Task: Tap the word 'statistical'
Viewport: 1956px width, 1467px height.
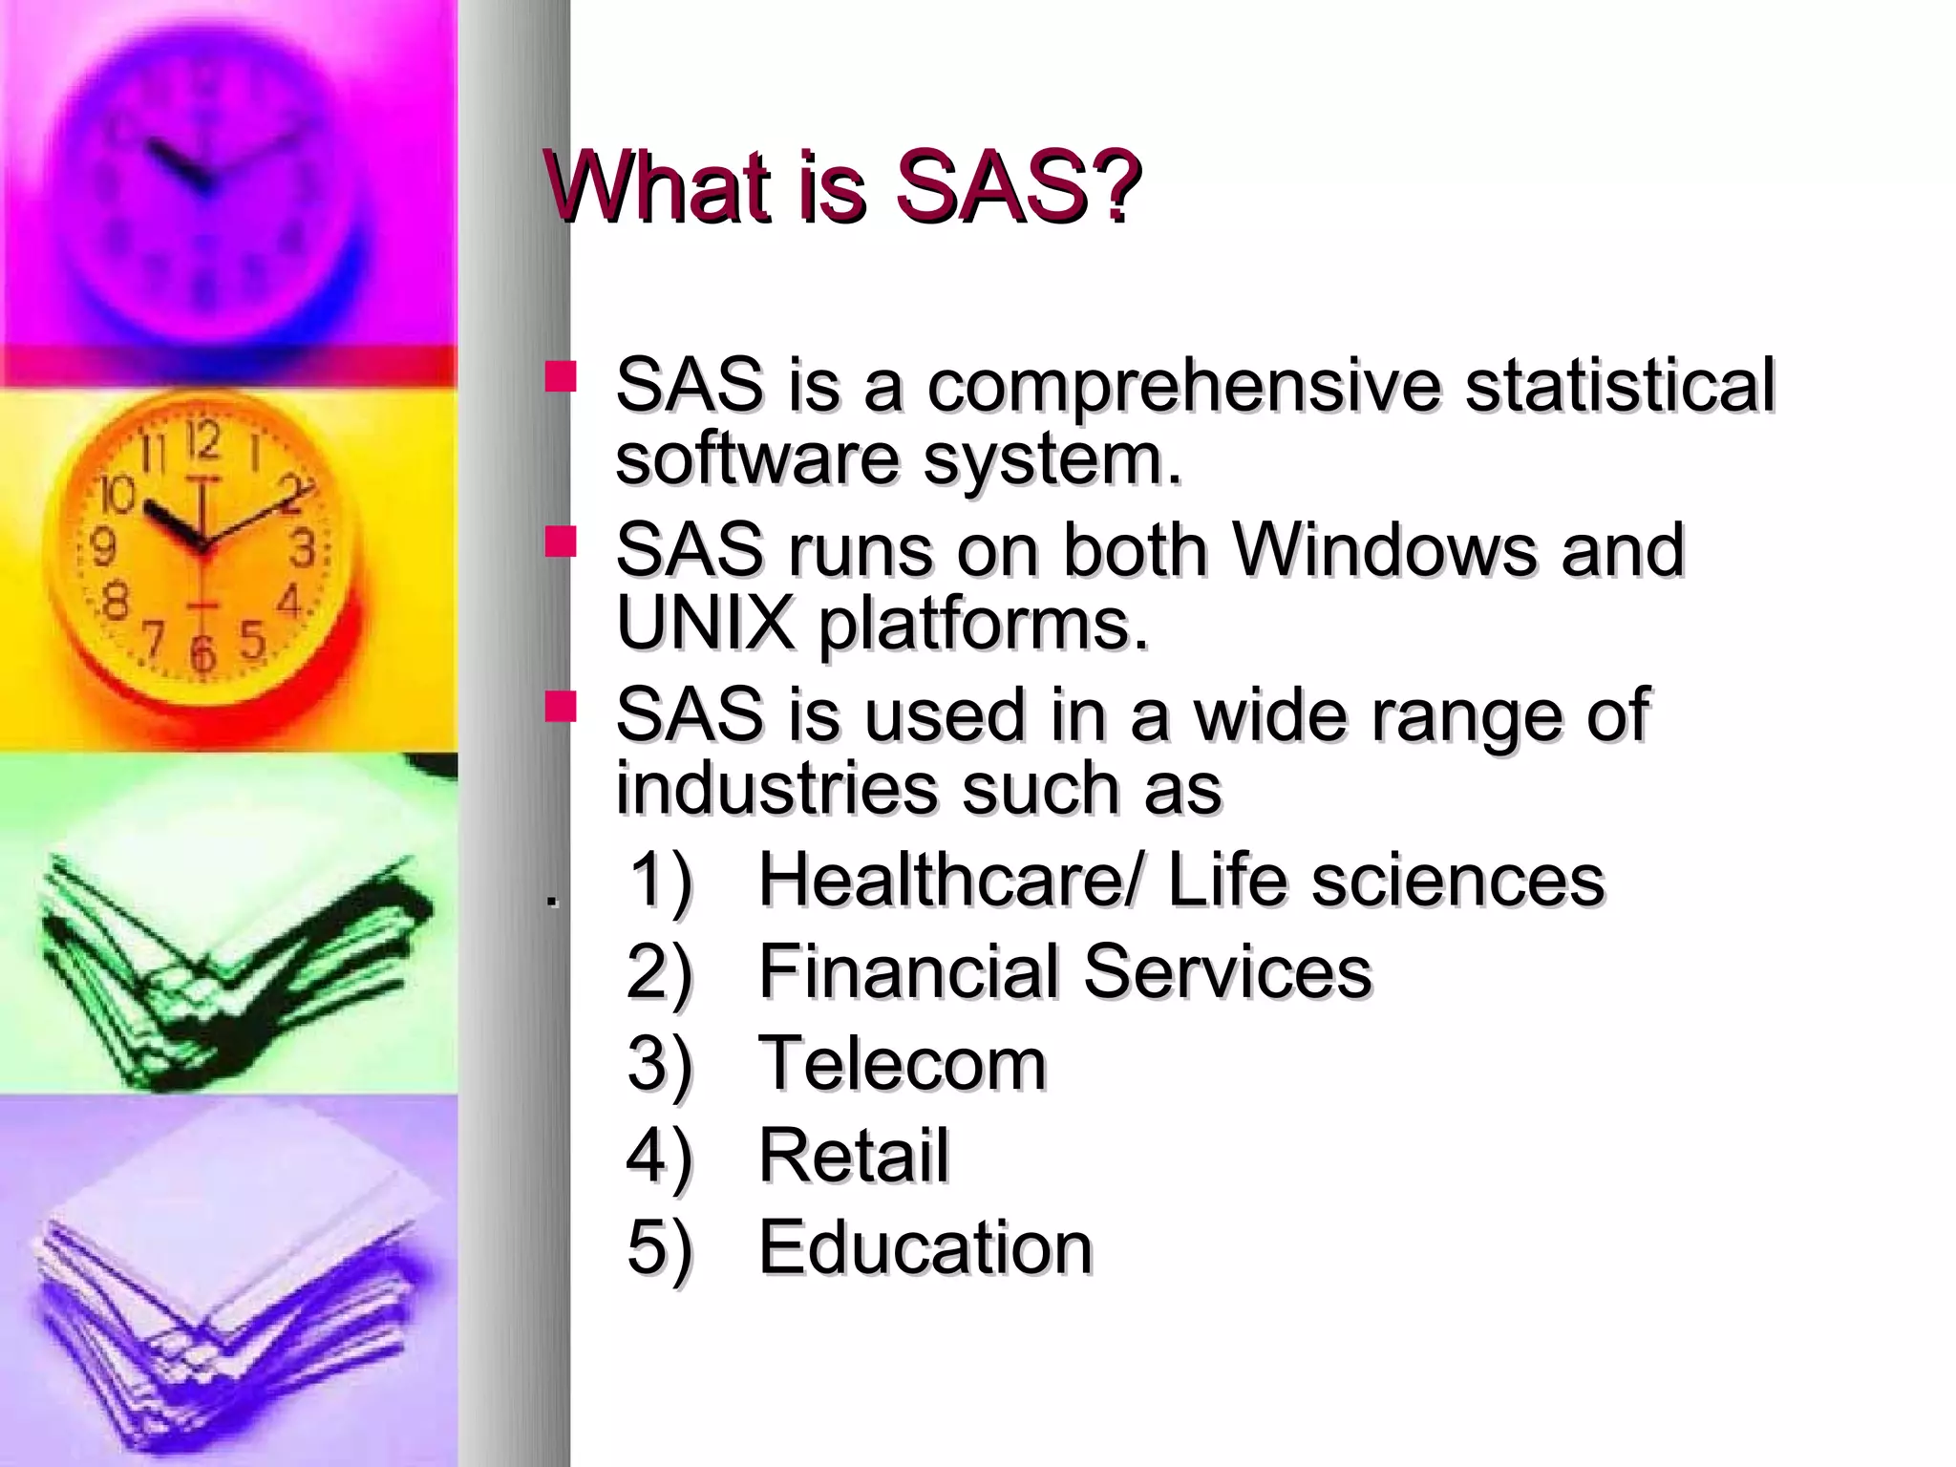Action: click(1620, 384)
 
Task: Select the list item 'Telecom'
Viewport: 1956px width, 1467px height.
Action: click(902, 1063)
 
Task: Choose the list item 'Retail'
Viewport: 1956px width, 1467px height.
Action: click(853, 1155)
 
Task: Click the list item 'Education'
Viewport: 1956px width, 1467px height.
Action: click(925, 1246)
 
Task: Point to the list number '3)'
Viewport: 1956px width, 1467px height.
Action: click(659, 1063)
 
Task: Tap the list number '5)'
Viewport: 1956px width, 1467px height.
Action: click(659, 1246)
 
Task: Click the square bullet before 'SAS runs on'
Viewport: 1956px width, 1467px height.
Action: click(560, 542)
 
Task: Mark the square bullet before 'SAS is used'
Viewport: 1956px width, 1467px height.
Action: click(560, 708)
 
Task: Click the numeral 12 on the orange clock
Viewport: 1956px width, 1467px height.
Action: click(202, 441)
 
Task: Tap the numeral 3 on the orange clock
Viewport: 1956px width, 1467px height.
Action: click(303, 549)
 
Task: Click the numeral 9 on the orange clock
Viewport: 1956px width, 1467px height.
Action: click(102, 547)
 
